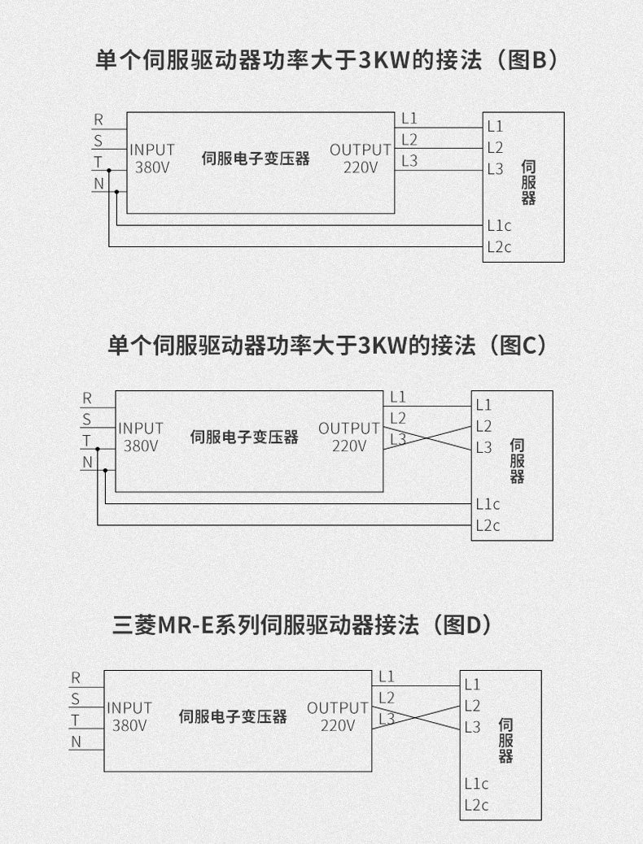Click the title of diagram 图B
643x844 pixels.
(x=326, y=59)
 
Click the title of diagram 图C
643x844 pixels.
(x=326, y=345)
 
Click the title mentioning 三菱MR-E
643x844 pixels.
(x=302, y=624)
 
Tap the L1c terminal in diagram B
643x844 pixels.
(x=499, y=225)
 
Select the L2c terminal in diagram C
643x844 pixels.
(x=488, y=525)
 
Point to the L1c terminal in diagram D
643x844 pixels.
(x=476, y=784)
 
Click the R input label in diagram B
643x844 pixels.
(x=98, y=120)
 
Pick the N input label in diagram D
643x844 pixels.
(x=76, y=742)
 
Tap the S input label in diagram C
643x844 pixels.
(x=87, y=419)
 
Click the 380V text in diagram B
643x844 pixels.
(x=152, y=167)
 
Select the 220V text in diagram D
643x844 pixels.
(x=338, y=725)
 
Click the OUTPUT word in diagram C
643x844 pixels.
(x=348, y=429)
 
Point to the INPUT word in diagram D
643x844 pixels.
(x=129, y=708)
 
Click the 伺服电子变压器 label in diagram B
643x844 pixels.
(x=256, y=159)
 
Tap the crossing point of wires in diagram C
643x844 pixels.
(x=426, y=438)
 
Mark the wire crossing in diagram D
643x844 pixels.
(x=416, y=717)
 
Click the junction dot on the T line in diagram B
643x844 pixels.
(x=109, y=170)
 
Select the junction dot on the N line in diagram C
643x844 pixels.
(x=105, y=471)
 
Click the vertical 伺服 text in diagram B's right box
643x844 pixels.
(x=528, y=183)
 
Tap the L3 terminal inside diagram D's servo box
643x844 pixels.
(x=472, y=727)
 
